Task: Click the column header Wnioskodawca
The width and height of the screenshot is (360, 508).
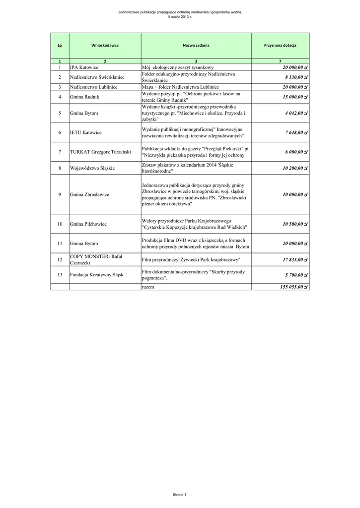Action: [105, 45]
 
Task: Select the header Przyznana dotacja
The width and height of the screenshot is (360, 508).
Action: [280, 45]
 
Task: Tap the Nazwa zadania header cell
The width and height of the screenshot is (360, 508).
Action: [196, 45]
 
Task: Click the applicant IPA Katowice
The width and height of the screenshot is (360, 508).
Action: [84, 67]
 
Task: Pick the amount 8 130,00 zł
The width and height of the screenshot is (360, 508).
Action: [296, 77]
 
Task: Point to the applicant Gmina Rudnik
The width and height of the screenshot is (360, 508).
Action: [85, 97]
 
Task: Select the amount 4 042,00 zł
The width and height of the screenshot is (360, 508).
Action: [296, 113]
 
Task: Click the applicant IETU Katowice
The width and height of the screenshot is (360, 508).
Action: [86, 132]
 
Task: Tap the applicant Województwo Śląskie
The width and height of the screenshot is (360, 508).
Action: [92, 168]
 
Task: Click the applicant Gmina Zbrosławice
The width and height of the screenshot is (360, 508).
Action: [89, 194]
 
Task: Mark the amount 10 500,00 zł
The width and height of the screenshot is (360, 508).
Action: [295, 224]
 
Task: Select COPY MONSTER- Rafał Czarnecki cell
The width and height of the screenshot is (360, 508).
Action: [96, 259]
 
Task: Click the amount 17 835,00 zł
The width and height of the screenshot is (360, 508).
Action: [295, 259]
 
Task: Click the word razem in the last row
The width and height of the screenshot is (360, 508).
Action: [147, 287]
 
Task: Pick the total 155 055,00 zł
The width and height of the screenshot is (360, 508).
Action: [294, 287]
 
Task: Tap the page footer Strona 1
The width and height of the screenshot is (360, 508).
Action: [179, 495]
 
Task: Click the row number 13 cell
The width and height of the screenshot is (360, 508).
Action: [60, 274]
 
